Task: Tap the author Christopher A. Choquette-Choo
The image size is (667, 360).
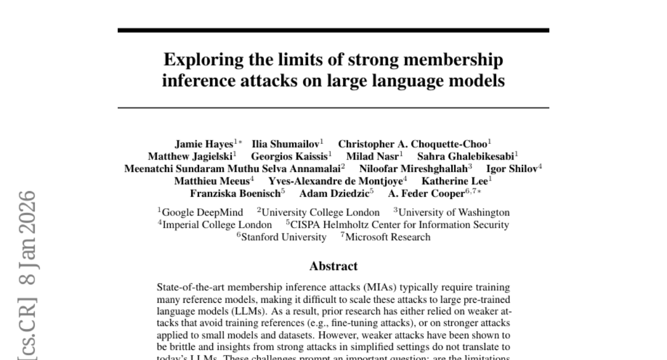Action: [x=412, y=144]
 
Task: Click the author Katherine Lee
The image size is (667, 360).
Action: [x=455, y=181]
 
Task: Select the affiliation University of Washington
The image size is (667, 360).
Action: [x=454, y=212]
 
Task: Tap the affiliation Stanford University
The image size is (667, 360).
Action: [x=285, y=237]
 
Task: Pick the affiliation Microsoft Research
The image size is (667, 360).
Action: [x=388, y=237]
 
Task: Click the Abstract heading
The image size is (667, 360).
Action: [x=333, y=266]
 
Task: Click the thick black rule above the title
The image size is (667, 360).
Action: [x=333, y=30]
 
